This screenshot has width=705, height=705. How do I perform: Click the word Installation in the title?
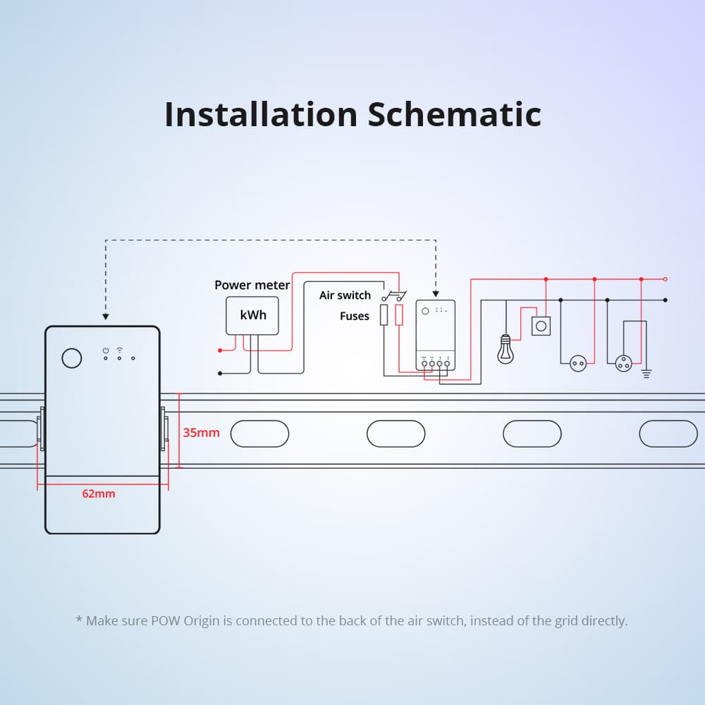260,114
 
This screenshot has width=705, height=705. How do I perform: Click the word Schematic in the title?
454,114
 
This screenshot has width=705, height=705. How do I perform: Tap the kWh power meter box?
253,315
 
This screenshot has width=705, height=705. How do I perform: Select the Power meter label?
252,285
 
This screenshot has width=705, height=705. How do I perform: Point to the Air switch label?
345,295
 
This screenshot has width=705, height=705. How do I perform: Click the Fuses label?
354,316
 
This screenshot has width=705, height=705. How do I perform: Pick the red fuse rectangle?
399,315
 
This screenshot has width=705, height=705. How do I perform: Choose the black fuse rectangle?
384,315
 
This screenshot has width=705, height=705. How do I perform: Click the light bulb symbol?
505,348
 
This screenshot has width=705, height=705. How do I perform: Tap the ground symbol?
645,373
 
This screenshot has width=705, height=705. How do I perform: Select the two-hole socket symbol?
578,364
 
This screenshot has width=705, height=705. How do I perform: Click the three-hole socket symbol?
623,363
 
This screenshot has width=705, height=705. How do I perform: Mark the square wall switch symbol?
541,326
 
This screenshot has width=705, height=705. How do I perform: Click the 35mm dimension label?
201,433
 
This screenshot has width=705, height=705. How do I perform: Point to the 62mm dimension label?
98,493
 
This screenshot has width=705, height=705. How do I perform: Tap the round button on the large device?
72,358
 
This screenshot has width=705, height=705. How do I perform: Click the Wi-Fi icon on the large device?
120,350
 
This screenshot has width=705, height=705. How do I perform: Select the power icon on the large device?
105,350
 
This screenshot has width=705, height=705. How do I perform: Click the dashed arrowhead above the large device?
105,317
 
